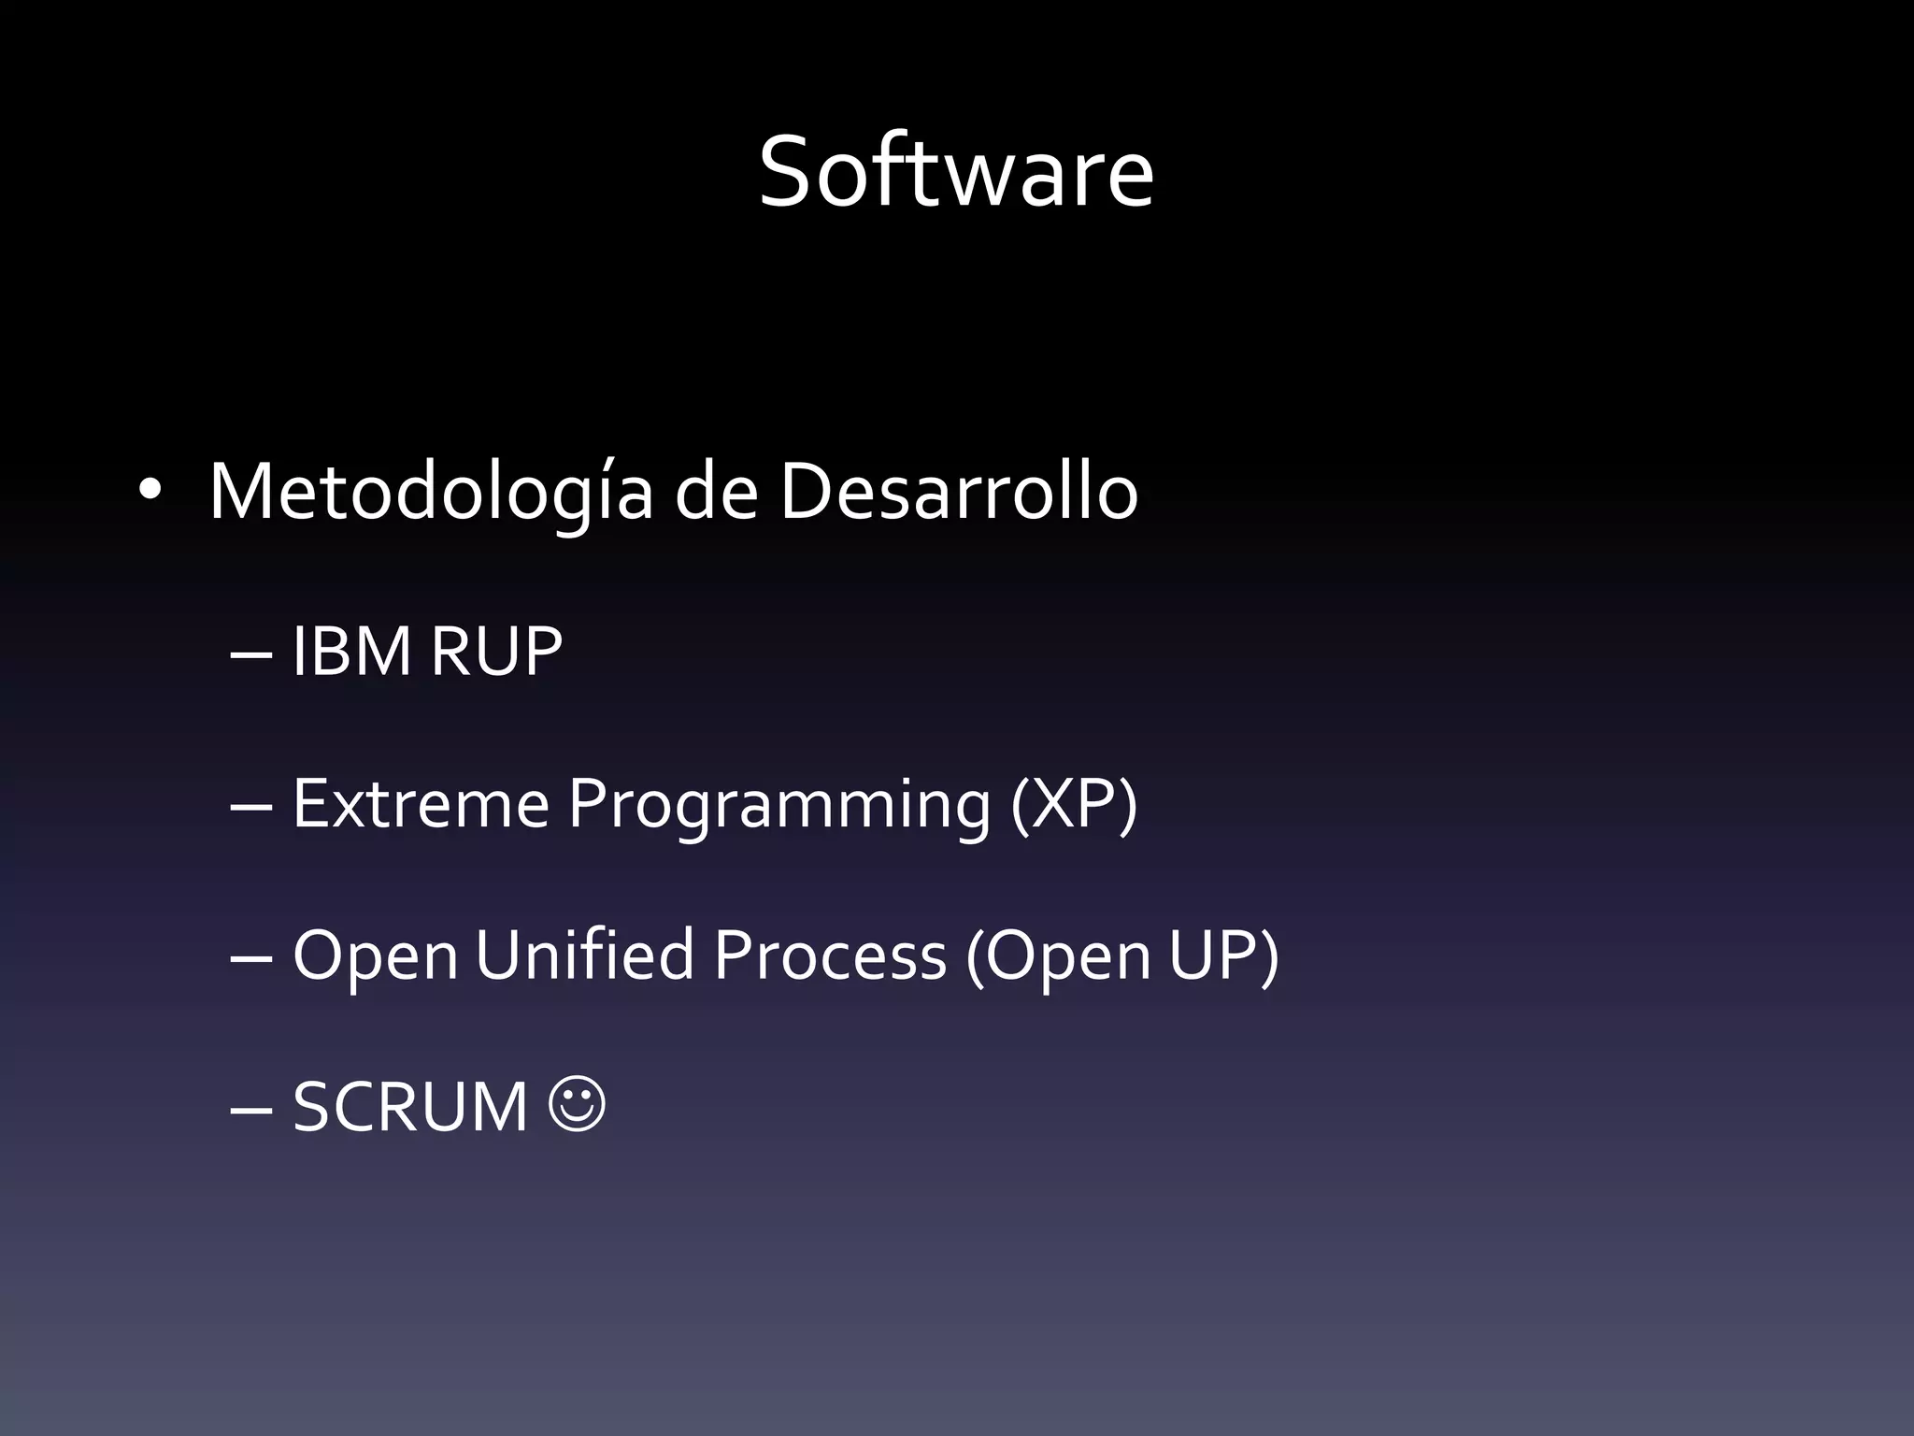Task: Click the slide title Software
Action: (956, 173)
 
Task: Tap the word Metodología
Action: (431, 492)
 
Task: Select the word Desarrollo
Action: (959, 492)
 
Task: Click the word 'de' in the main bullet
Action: (716, 492)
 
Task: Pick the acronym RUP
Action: (496, 651)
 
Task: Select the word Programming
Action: (779, 804)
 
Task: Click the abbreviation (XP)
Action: (1074, 804)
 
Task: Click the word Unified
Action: (585, 955)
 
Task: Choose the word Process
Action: (830, 955)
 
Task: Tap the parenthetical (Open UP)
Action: (1121, 956)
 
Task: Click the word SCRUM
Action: (410, 1107)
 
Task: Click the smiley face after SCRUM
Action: (578, 1106)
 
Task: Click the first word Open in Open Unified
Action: (376, 956)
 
